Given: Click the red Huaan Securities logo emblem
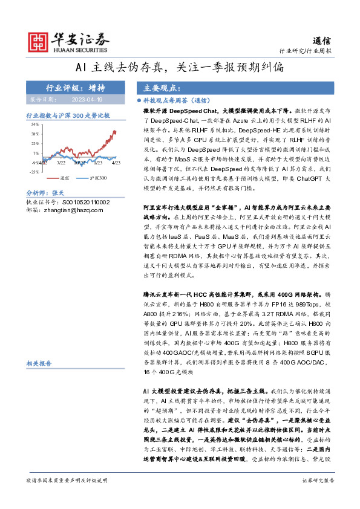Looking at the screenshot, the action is [39, 40].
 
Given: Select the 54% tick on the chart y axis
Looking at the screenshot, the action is [35, 125].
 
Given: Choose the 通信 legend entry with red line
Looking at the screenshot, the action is [61, 178].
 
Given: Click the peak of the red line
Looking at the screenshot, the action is [115, 131].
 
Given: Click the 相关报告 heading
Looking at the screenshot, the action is [39, 363].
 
